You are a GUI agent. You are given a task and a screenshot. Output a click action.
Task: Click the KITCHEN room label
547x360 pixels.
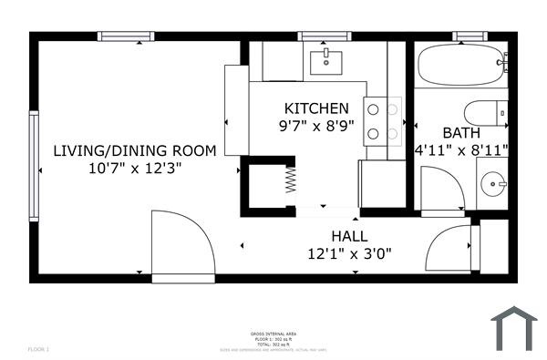pos(316,108)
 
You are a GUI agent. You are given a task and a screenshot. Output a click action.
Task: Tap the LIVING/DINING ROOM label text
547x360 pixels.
pos(134,150)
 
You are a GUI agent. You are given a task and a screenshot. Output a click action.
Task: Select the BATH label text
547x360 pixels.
pos(460,132)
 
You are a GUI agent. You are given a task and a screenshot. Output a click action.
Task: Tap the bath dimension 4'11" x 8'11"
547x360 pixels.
pos(461,149)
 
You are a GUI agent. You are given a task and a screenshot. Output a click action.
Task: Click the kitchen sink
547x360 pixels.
pos(325,62)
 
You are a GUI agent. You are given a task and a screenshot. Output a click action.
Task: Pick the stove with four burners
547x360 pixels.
pos(384,121)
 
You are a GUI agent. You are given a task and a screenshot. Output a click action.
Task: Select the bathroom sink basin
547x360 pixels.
pos(493,184)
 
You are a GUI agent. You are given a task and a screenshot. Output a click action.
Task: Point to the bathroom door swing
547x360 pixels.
pos(441,190)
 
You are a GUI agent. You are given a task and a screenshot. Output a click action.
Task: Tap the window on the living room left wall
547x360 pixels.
pos(34,166)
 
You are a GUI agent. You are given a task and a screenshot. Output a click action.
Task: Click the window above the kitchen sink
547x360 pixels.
pos(325,36)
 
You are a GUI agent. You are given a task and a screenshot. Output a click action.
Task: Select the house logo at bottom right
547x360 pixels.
pos(514,328)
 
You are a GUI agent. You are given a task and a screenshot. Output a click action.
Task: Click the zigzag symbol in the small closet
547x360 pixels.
pos(291,178)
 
